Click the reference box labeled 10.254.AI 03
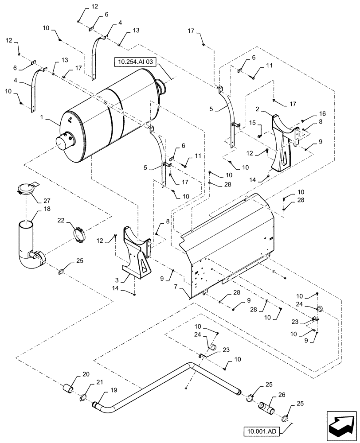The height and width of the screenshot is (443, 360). [138, 63]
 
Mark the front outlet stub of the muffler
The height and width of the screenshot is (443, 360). [63, 144]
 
